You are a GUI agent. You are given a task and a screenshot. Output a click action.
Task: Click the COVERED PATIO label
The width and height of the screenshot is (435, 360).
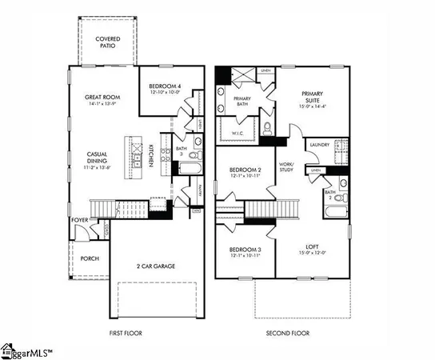(x=107, y=42)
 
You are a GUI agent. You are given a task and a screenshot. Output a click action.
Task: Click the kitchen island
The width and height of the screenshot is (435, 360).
(x=129, y=154)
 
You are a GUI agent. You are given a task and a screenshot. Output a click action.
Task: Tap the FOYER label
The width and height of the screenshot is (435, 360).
(x=78, y=219)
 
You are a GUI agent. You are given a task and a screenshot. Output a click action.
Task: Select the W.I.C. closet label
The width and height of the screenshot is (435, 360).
(x=237, y=134)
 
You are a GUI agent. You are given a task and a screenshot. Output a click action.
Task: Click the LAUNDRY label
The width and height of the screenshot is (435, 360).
(x=320, y=145)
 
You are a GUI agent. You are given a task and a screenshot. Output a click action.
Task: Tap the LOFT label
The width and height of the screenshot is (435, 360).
(x=312, y=249)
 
